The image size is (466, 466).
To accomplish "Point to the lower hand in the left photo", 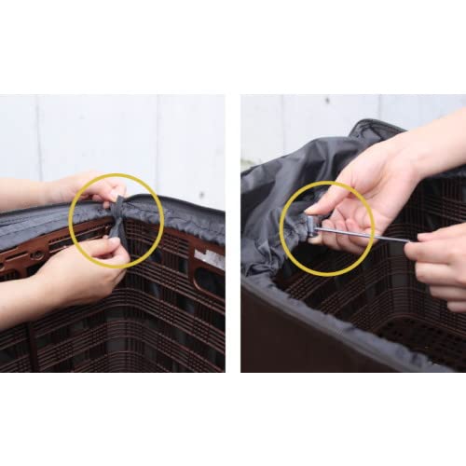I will [x=79, y=270].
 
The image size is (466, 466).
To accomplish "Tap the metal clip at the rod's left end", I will [x=310, y=226].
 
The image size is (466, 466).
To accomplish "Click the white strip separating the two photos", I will [x=233, y=233].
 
